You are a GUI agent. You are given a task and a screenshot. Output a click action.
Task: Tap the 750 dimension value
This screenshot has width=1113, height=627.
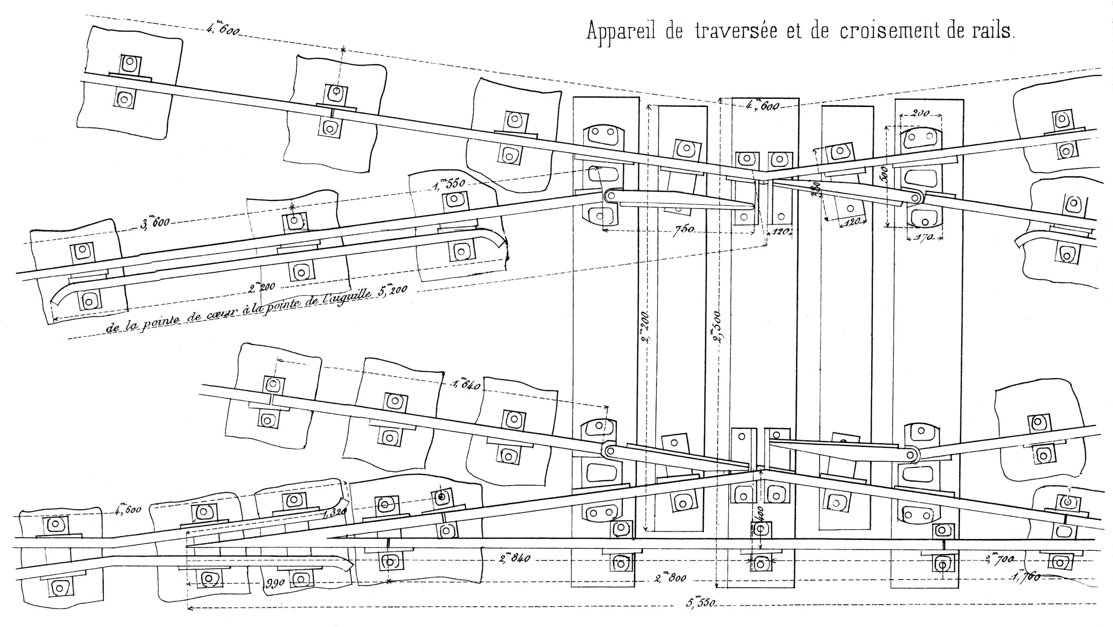tap(684, 230)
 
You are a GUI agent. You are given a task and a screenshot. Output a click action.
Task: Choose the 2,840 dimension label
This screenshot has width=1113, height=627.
tap(515, 558)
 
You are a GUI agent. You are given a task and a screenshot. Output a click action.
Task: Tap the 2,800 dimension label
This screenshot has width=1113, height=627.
tap(670, 579)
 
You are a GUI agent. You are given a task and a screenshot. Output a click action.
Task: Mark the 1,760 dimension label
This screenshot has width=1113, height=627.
tap(1025, 577)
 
